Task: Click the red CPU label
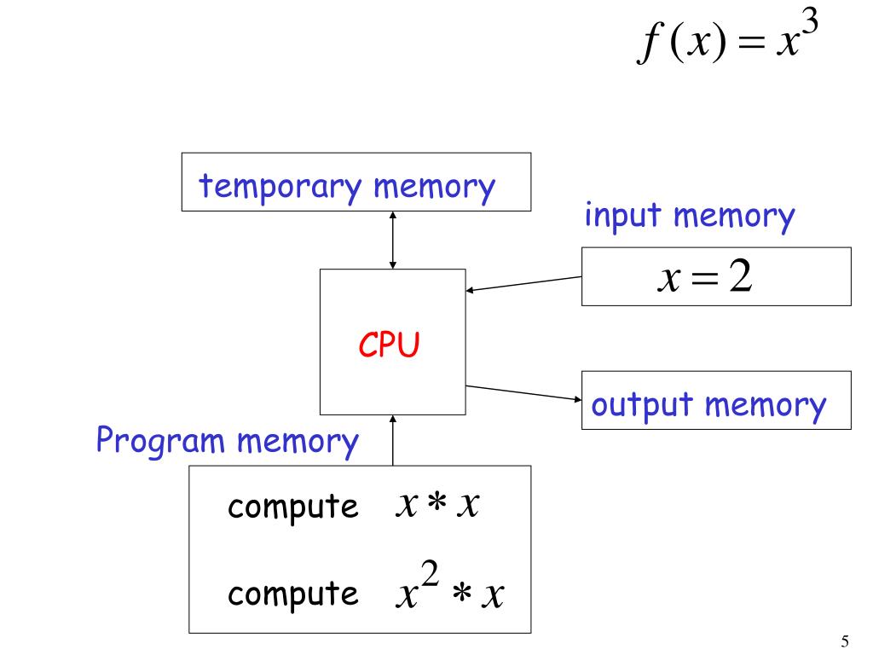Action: tap(389, 344)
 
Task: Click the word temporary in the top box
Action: tap(280, 187)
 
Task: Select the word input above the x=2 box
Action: tap(622, 216)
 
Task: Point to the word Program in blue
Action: tap(160, 441)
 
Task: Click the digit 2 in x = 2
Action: tap(741, 275)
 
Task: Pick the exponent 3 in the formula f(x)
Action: tap(810, 23)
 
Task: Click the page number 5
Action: tap(845, 641)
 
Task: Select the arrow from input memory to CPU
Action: tap(523, 283)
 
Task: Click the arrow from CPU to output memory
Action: tap(523, 392)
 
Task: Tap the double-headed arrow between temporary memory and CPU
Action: tap(392, 240)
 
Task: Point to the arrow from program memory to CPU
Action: tap(392, 440)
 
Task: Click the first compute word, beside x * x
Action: tap(293, 507)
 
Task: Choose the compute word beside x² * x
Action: tap(293, 594)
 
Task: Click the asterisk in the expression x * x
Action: tap(437, 501)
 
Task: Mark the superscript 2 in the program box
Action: tap(430, 573)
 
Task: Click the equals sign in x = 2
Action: tap(704, 277)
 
